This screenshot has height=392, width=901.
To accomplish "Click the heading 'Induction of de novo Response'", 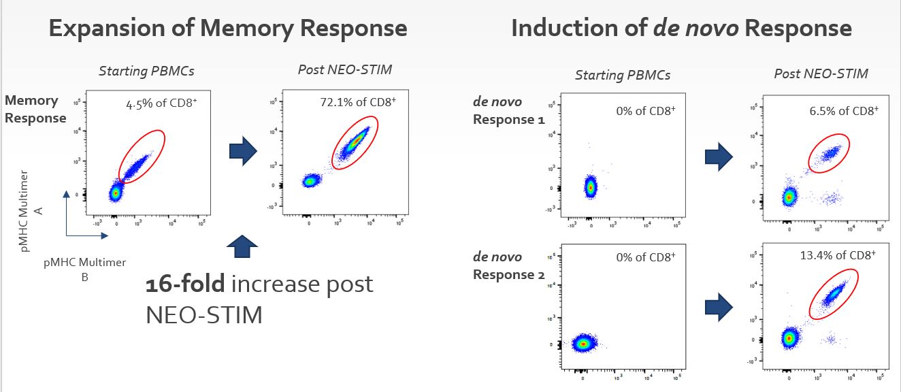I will tap(681, 29).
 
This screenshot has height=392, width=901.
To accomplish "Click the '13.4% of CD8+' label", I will tap(837, 255).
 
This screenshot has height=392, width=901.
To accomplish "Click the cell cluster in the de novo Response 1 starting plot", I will tap(591, 186).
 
